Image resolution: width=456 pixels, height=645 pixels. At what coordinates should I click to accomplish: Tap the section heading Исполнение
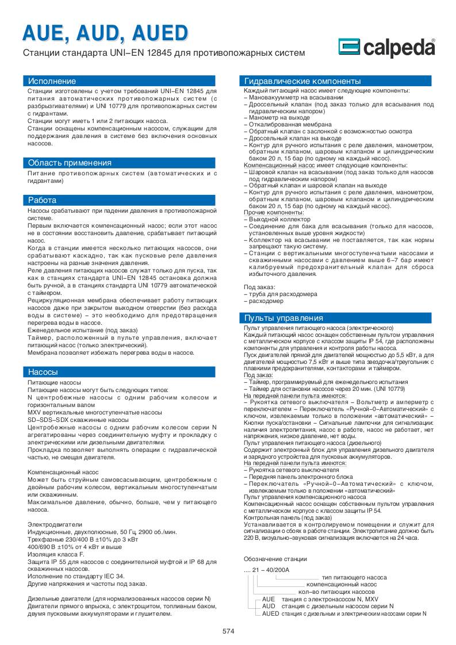(52, 81)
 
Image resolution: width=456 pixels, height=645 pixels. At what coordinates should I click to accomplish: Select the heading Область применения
(70, 163)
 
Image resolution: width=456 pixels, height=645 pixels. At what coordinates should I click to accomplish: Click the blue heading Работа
(43, 200)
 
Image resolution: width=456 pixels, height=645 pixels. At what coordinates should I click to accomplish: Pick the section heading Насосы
(43, 372)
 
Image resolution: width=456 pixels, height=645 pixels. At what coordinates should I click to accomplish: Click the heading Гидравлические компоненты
(302, 81)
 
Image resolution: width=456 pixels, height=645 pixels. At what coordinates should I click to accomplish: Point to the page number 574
(228, 631)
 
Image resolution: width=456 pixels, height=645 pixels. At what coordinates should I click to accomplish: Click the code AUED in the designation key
(270, 613)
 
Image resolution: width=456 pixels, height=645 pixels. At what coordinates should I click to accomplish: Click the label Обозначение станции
(275, 558)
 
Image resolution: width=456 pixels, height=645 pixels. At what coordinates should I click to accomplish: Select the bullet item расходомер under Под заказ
(266, 301)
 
